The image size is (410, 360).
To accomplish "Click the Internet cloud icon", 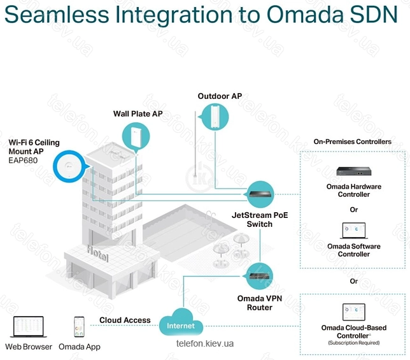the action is [181, 322].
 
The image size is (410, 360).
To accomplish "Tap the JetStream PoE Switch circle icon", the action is [260, 194].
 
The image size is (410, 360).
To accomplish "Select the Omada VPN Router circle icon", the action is [259, 277].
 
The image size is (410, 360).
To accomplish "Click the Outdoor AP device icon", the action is [215, 117].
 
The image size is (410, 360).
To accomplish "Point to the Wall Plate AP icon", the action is [136, 137].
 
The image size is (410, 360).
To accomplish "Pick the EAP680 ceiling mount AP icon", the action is [69, 166].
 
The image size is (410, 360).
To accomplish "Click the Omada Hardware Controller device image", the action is [354, 171].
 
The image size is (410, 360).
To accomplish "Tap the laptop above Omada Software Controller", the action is [354, 231].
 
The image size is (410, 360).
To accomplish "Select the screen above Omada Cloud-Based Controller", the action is [354, 312].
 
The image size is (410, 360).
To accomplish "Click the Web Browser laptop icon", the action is [29, 327].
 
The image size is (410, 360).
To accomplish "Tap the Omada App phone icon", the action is [79, 327].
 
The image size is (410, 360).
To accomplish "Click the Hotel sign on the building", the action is [97, 253].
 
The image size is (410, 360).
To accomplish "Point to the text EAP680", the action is [23, 161].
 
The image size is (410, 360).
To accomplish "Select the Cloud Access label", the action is [125, 320].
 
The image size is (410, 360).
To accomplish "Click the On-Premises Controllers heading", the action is [353, 142].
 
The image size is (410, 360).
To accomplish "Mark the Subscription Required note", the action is [354, 343].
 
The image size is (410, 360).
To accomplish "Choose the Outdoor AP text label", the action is [220, 96].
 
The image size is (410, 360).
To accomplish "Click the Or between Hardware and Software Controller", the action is [354, 210].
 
